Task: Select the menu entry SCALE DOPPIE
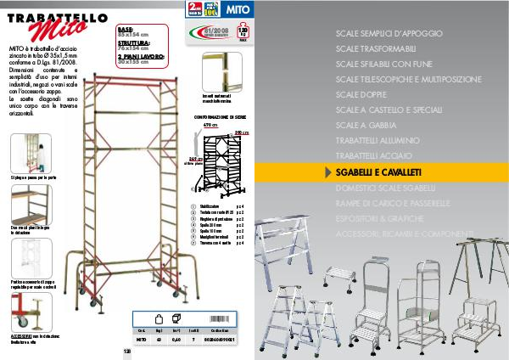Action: point(360,93)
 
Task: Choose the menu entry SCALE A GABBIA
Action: point(366,125)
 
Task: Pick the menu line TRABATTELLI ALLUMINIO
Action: point(377,140)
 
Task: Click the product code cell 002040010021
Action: point(227,338)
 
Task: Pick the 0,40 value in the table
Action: point(176,338)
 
